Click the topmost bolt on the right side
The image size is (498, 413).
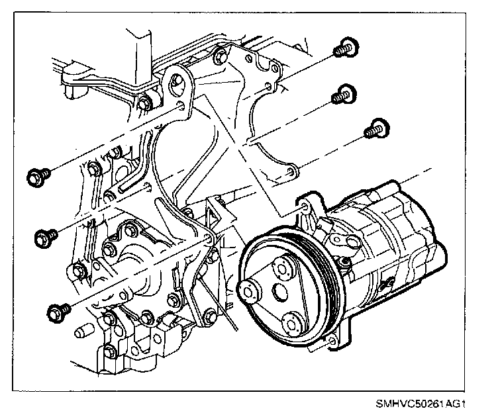tap(346, 47)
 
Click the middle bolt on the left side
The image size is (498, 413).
tap(44, 235)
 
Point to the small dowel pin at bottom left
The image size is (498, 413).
tap(83, 331)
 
